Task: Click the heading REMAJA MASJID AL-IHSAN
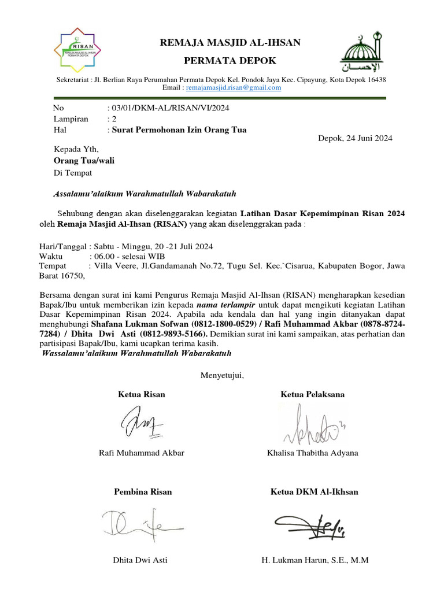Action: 230,42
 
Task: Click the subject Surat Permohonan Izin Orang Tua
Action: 179,130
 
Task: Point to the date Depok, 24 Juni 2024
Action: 356,138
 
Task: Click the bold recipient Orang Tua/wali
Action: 84,161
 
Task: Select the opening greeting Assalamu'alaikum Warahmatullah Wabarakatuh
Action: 145,194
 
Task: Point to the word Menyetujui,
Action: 222,376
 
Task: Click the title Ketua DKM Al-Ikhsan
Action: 314,492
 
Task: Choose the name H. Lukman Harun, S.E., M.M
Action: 315,560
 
